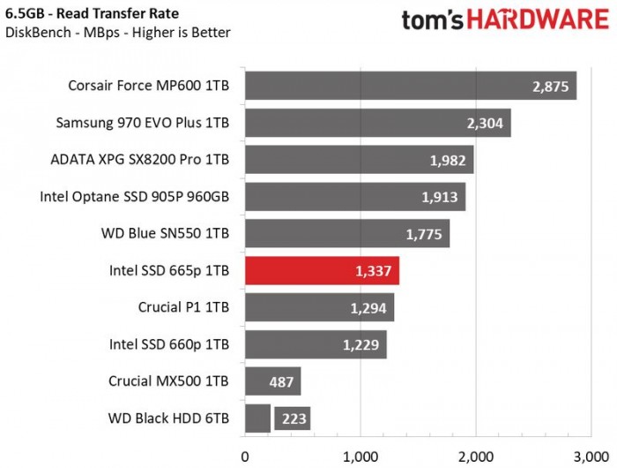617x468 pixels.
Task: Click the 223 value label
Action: (292, 419)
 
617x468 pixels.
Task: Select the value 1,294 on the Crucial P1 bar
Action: (367, 308)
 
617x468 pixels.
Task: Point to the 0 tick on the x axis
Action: (245, 457)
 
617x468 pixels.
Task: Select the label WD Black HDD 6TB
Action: (168, 419)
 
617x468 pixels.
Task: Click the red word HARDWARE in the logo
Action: (542, 20)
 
